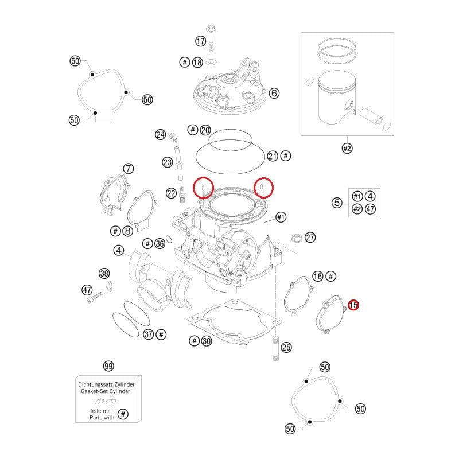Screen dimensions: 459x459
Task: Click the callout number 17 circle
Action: (x=200, y=41)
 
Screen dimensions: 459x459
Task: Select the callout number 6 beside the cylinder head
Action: (x=274, y=93)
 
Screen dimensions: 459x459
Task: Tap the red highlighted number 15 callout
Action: (x=353, y=306)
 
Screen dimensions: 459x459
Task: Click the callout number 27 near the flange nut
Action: (x=310, y=238)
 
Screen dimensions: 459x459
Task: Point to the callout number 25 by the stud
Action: (x=286, y=347)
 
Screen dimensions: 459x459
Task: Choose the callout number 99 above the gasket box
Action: (x=107, y=365)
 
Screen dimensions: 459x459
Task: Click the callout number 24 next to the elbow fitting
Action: (x=160, y=135)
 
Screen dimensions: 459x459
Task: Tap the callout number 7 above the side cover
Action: (x=129, y=169)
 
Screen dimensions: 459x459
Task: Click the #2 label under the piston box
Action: (x=347, y=149)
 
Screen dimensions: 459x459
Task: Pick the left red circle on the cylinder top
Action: (x=204, y=186)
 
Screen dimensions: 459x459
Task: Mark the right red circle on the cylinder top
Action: (x=263, y=186)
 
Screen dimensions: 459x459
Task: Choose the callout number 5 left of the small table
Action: (x=337, y=202)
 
